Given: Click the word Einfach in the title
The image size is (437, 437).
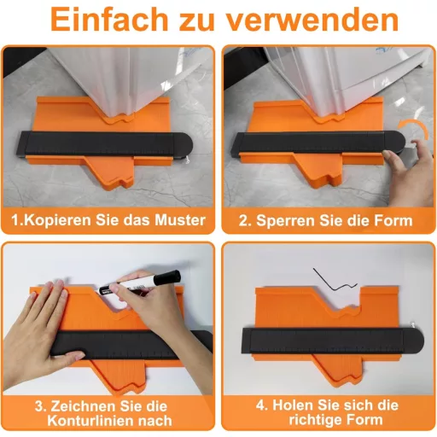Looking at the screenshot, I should [113, 20].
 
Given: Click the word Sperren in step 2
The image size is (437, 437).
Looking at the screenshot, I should [284, 220].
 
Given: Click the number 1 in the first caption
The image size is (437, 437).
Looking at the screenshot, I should [15, 220].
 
